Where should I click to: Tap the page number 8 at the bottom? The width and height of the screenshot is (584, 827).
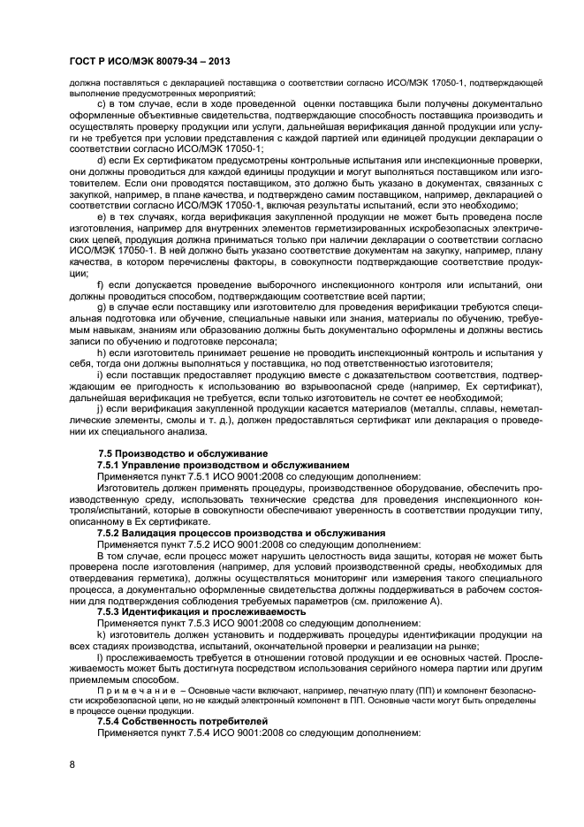click(x=72, y=764)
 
